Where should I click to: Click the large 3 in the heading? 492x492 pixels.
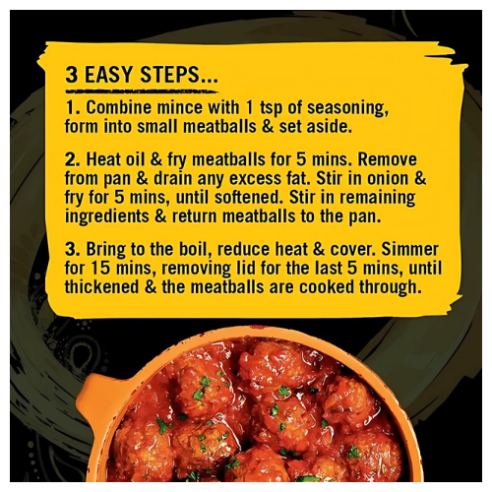(x=72, y=75)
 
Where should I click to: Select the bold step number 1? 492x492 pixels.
(x=70, y=106)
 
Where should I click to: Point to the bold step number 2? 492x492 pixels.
(x=71, y=158)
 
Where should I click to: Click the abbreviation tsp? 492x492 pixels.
(x=263, y=106)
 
